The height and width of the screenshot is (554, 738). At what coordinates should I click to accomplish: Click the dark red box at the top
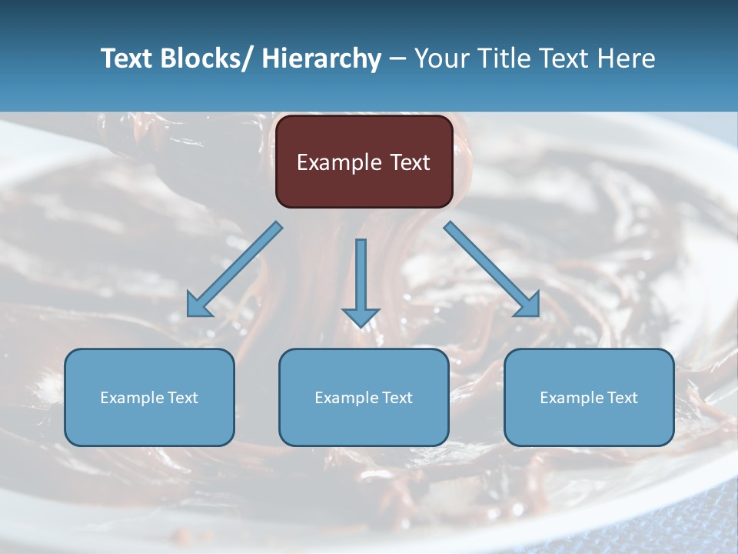(364, 162)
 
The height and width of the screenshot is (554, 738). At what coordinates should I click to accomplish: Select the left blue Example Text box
(149, 397)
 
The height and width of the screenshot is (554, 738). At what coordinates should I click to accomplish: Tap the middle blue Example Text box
(364, 397)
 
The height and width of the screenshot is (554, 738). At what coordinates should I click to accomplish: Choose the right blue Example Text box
(589, 397)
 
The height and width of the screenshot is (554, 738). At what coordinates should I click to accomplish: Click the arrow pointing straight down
(361, 281)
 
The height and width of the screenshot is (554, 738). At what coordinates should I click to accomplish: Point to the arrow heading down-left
(234, 269)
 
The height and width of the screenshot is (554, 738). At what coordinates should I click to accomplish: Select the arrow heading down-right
(492, 269)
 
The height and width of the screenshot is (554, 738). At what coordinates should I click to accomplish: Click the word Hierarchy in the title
(321, 58)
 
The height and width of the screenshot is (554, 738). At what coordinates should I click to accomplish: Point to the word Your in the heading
(441, 58)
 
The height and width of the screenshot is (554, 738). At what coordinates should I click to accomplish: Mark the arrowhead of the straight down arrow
(361, 316)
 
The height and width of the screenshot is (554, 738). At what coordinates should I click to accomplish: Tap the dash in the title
(397, 59)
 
